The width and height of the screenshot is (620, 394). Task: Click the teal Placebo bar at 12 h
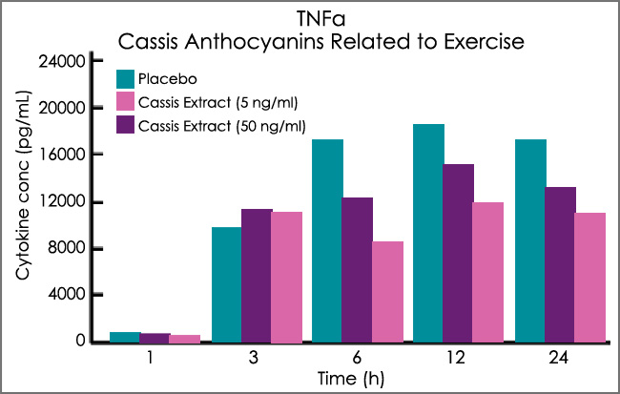428,233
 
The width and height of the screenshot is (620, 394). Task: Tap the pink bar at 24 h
590,277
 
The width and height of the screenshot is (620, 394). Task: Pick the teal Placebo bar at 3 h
226,284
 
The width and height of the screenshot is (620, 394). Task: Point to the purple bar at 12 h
458,253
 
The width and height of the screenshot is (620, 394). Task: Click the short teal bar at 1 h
125,337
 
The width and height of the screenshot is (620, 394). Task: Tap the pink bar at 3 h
287,277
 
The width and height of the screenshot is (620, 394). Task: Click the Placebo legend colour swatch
125,78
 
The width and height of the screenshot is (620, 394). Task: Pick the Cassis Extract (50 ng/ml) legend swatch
125,125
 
